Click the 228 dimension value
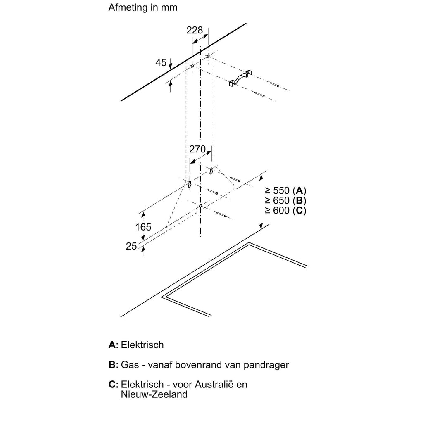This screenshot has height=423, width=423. (x=195, y=30)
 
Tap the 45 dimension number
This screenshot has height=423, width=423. (x=161, y=63)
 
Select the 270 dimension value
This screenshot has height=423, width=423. (x=197, y=149)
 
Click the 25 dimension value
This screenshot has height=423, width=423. (x=131, y=246)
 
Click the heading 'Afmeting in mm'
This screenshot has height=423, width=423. (x=143, y=7)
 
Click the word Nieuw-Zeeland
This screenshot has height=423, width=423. (x=154, y=394)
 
